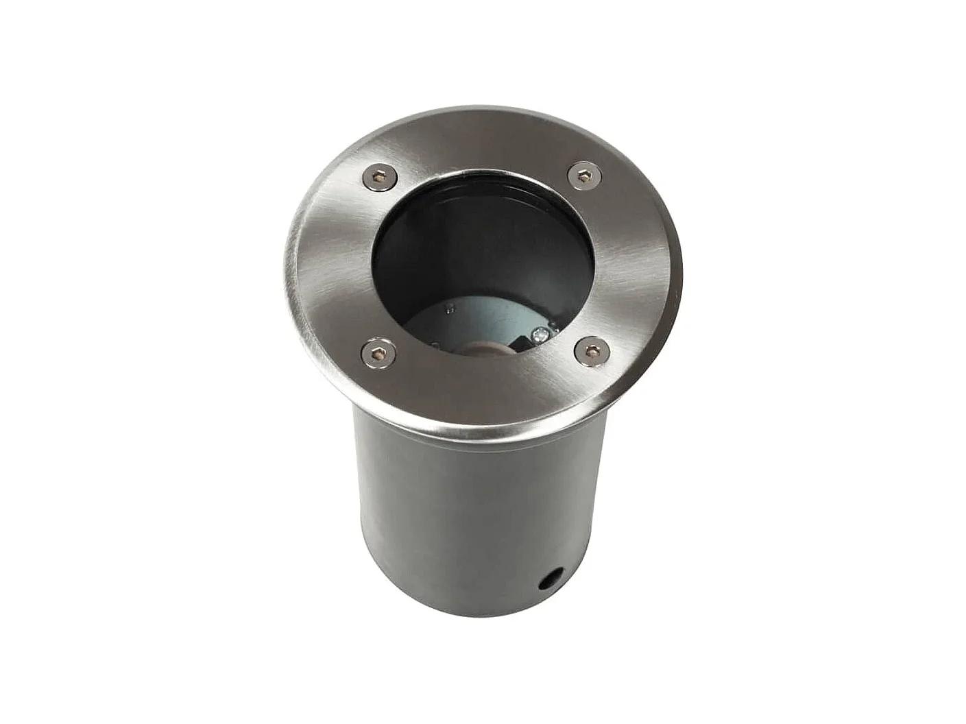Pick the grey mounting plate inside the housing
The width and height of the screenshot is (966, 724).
[480, 319]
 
